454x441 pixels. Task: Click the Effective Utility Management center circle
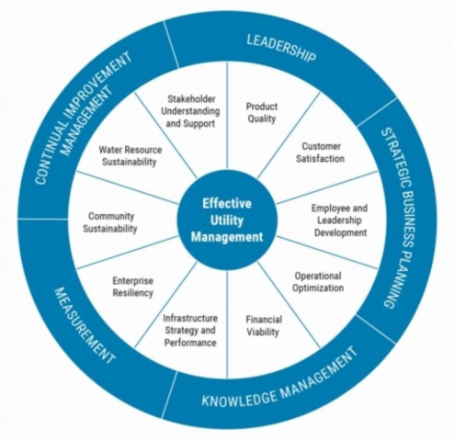[227, 220]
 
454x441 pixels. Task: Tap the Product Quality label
[262, 113]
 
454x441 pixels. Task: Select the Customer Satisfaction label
[321, 153]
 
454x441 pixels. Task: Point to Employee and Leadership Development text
[340, 220]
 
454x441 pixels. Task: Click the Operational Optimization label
[318, 282]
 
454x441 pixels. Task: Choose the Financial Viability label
[264, 326]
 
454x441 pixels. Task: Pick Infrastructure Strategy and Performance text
[190, 331]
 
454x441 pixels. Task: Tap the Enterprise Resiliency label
[133, 287]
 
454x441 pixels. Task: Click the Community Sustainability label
[110, 222]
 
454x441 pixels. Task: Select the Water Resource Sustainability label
[130, 156]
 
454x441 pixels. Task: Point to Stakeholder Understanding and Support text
[190, 111]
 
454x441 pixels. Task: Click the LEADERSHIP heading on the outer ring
[281, 49]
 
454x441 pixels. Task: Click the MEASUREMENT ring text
[85, 325]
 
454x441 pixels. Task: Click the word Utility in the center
[227, 220]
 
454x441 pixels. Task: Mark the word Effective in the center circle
[227, 204]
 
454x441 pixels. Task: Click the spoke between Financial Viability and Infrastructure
[227, 324]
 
